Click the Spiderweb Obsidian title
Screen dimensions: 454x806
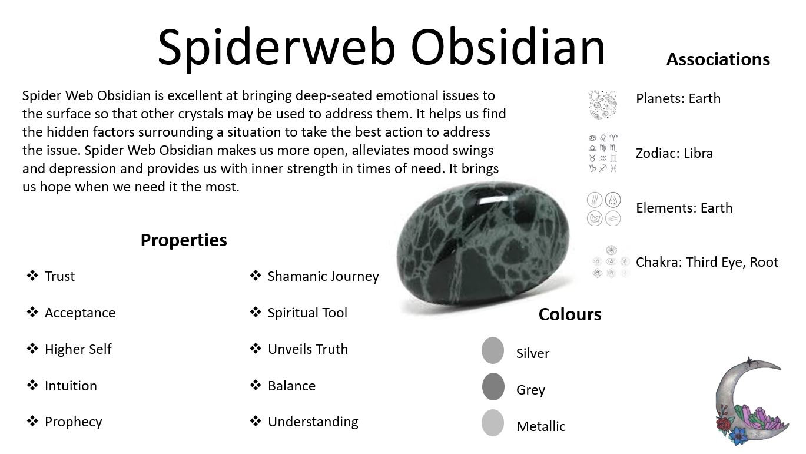click(x=382, y=47)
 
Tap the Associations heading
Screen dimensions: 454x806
click(x=718, y=59)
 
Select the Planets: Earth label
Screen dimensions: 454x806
click(x=678, y=98)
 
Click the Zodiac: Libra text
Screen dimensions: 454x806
click(x=674, y=153)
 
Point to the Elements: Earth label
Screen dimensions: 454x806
click(x=684, y=208)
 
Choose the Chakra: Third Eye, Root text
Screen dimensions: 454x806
click(x=707, y=262)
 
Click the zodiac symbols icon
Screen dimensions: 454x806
click(x=602, y=153)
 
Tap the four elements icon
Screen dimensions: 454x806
click(x=603, y=209)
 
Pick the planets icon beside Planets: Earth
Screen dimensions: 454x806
click(x=602, y=104)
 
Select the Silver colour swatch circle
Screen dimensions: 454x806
click(x=493, y=350)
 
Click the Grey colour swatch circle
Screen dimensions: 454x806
click(x=493, y=387)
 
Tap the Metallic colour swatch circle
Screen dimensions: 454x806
click(x=493, y=423)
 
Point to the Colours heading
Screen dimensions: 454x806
click(x=569, y=314)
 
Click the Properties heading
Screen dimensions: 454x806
click(x=184, y=240)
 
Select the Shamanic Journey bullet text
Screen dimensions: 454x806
click(x=323, y=276)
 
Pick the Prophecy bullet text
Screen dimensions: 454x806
click(x=73, y=422)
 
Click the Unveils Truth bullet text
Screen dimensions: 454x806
click(x=307, y=349)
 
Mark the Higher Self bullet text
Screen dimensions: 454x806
click(x=78, y=349)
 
